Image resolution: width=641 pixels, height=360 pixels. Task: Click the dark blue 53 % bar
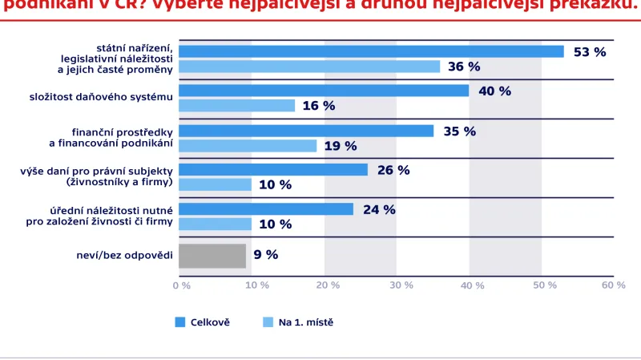click(x=370, y=51)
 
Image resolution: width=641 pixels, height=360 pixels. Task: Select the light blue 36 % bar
click(x=308, y=67)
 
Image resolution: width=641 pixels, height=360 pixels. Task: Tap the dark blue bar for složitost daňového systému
click(x=323, y=91)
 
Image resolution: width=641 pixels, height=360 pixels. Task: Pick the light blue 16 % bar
click(x=236, y=106)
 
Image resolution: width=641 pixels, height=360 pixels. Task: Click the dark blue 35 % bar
click(x=305, y=131)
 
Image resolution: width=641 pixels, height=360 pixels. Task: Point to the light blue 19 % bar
click(x=247, y=146)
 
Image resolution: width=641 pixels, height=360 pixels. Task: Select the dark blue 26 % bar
click(x=272, y=170)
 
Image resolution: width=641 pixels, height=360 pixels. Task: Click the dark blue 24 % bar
click(x=265, y=209)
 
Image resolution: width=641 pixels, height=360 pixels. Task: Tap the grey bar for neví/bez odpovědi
click(x=212, y=255)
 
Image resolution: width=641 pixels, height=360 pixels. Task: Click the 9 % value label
click(x=265, y=255)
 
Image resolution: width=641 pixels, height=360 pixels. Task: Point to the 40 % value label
click(x=494, y=91)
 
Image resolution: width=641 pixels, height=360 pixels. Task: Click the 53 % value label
click(x=590, y=51)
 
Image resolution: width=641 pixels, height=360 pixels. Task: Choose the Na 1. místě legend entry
click(x=298, y=322)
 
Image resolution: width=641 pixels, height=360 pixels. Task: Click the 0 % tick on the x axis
click(x=182, y=285)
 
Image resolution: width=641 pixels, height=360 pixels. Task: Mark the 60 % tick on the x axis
click(x=613, y=285)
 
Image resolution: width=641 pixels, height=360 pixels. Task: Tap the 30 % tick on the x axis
click(x=397, y=285)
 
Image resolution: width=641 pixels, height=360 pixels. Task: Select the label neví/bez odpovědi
click(x=122, y=255)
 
